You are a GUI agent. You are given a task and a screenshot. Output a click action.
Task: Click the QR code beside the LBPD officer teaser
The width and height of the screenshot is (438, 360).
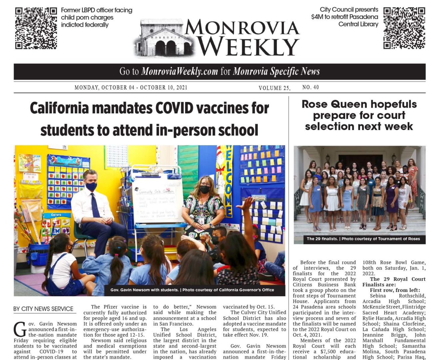tap(36, 28)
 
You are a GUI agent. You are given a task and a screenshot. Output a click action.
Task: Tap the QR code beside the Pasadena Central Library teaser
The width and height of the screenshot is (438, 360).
tap(404, 28)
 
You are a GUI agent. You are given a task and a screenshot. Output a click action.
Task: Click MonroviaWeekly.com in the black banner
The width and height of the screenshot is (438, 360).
tap(180, 71)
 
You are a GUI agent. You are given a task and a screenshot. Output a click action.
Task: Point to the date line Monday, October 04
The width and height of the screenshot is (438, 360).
tap(131, 88)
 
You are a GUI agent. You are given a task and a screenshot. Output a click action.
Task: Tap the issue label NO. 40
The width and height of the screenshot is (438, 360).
tap(310, 87)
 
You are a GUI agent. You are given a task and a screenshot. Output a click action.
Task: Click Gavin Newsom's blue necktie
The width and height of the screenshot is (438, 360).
tap(95, 205)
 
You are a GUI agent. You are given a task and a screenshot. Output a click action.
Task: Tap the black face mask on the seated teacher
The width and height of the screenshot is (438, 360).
tap(205, 189)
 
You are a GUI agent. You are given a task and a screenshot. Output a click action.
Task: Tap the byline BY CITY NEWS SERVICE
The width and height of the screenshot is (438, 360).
tap(43, 309)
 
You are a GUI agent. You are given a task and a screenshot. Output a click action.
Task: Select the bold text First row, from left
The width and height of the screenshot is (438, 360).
tap(395, 290)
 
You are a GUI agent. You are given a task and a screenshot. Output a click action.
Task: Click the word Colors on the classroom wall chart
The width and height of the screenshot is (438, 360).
tap(56, 215)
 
